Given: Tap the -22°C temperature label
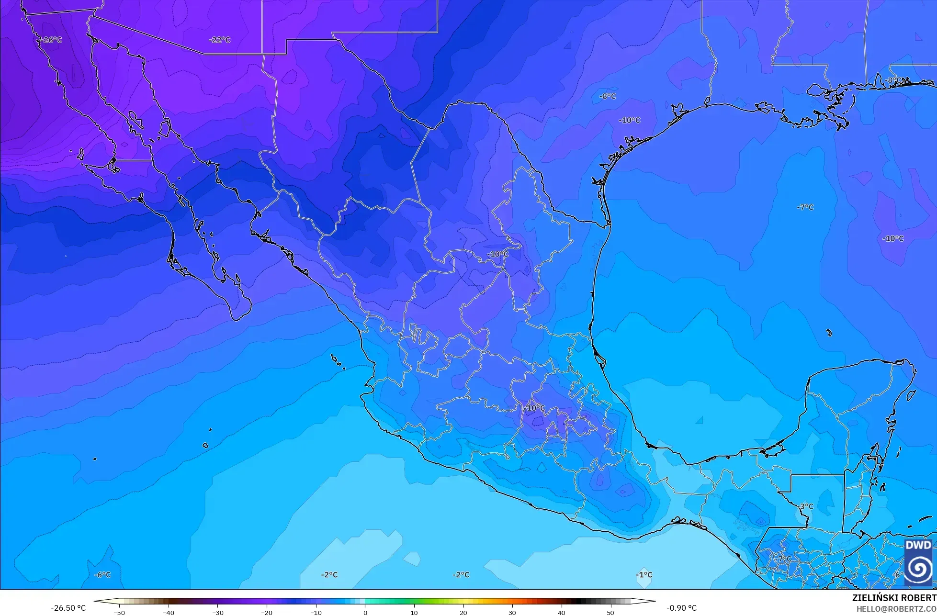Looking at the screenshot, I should coord(220,40).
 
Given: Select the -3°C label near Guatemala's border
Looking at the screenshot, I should coord(806,506).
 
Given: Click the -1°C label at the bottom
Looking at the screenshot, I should coord(644,575).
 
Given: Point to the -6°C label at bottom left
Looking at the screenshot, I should coord(102,575).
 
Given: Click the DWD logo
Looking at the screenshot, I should coord(918,562).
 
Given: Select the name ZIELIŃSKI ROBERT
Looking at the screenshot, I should coord(894,598).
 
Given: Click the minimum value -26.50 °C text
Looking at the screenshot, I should coord(68,608).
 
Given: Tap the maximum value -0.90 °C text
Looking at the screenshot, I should coord(681,608).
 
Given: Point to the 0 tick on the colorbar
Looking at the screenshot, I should coord(365,612).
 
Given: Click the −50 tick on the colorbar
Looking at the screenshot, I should coord(119,612).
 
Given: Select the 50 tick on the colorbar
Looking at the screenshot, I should coord(610,612).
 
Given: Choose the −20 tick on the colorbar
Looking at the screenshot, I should coord(267,612).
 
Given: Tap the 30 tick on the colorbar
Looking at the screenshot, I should coord(512,612).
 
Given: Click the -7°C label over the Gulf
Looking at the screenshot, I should coord(805,207).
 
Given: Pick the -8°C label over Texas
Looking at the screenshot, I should coord(608,96).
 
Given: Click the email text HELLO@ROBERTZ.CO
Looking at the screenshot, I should coord(896,608).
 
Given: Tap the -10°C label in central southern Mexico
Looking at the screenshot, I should coord(535,408).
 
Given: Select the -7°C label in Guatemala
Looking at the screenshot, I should coord(784,559).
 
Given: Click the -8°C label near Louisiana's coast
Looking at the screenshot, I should coord(893,80).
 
